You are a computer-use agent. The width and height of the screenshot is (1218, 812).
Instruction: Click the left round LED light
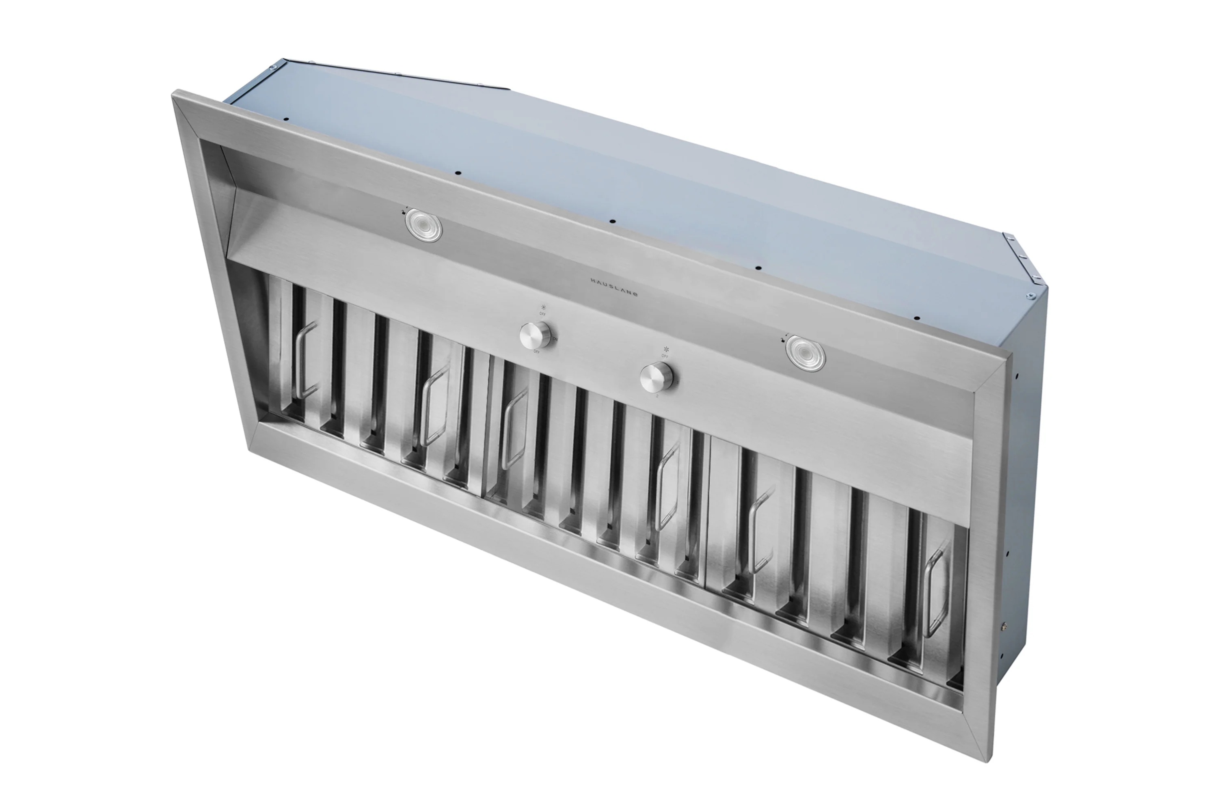(x=423, y=225)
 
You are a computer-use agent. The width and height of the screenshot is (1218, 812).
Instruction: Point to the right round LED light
(x=805, y=353)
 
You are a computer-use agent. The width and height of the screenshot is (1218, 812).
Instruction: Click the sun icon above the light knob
(x=543, y=307)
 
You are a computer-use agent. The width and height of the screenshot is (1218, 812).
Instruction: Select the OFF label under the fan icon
(x=665, y=356)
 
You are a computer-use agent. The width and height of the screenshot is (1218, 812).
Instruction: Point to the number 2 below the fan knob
(x=657, y=396)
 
